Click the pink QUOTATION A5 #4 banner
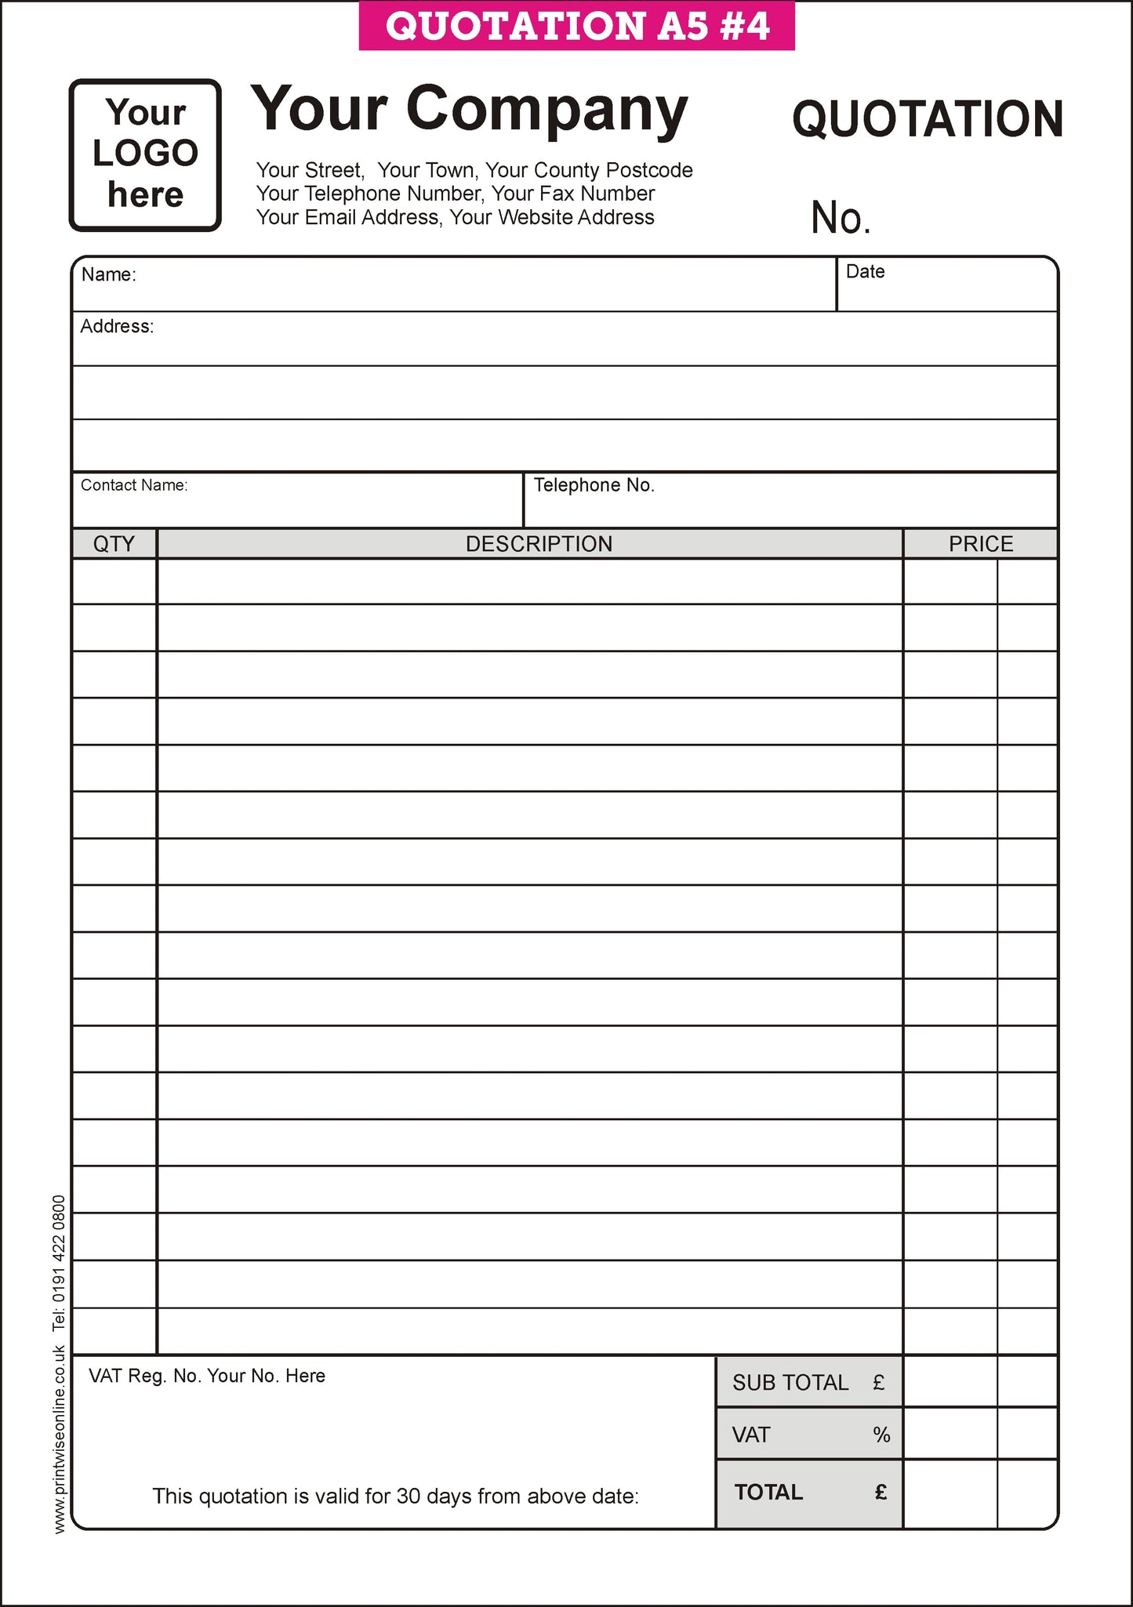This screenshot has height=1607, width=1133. coord(577,26)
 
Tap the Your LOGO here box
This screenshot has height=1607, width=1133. coord(145,154)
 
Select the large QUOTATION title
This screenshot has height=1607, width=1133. coord(928,119)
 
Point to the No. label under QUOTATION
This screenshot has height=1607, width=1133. coord(841,218)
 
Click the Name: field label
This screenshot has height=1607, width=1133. coord(109,274)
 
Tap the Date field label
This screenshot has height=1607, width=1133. coord(865,271)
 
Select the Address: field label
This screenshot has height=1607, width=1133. coord(117,326)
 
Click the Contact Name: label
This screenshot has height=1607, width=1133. coord(134,485)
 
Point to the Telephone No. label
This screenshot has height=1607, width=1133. coord(594,485)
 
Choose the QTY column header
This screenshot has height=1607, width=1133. coord(114,543)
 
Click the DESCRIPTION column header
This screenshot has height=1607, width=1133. coord(539,543)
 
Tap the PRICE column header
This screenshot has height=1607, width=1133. coord(980,543)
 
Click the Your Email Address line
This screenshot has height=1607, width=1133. coord(455,217)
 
